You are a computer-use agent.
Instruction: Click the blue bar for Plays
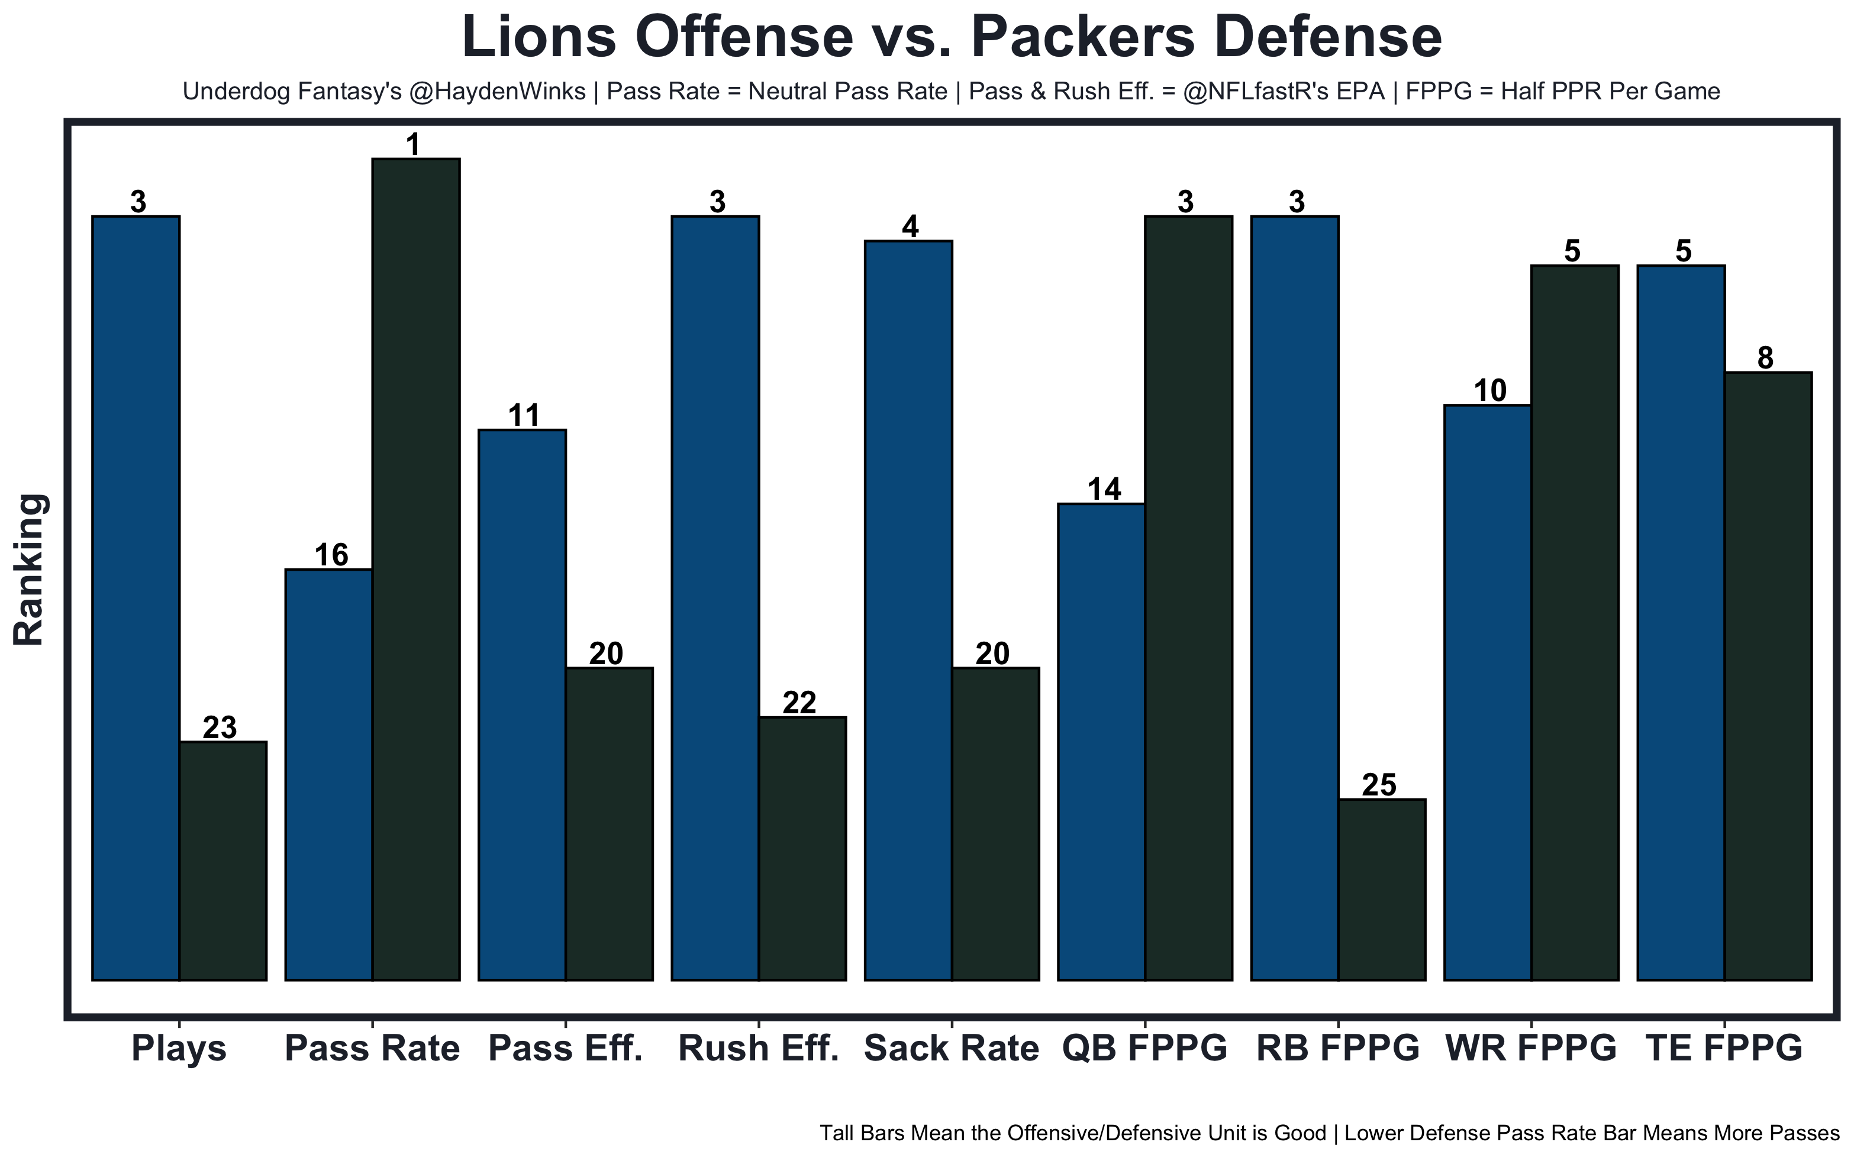click(x=136, y=597)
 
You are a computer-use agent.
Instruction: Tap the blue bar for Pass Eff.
click(x=522, y=704)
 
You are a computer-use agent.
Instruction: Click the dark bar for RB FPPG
click(x=1381, y=889)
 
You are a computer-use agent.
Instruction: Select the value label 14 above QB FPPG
click(x=1105, y=489)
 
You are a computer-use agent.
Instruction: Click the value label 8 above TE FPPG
click(x=1765, y=358)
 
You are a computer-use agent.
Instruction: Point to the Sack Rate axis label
click(x=951, y=1049)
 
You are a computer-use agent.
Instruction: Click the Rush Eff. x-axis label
click(x=759, y=1049)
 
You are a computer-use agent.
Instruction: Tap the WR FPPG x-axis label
click(x=1531, y=1049)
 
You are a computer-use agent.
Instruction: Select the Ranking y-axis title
click(x=31, y=569)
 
